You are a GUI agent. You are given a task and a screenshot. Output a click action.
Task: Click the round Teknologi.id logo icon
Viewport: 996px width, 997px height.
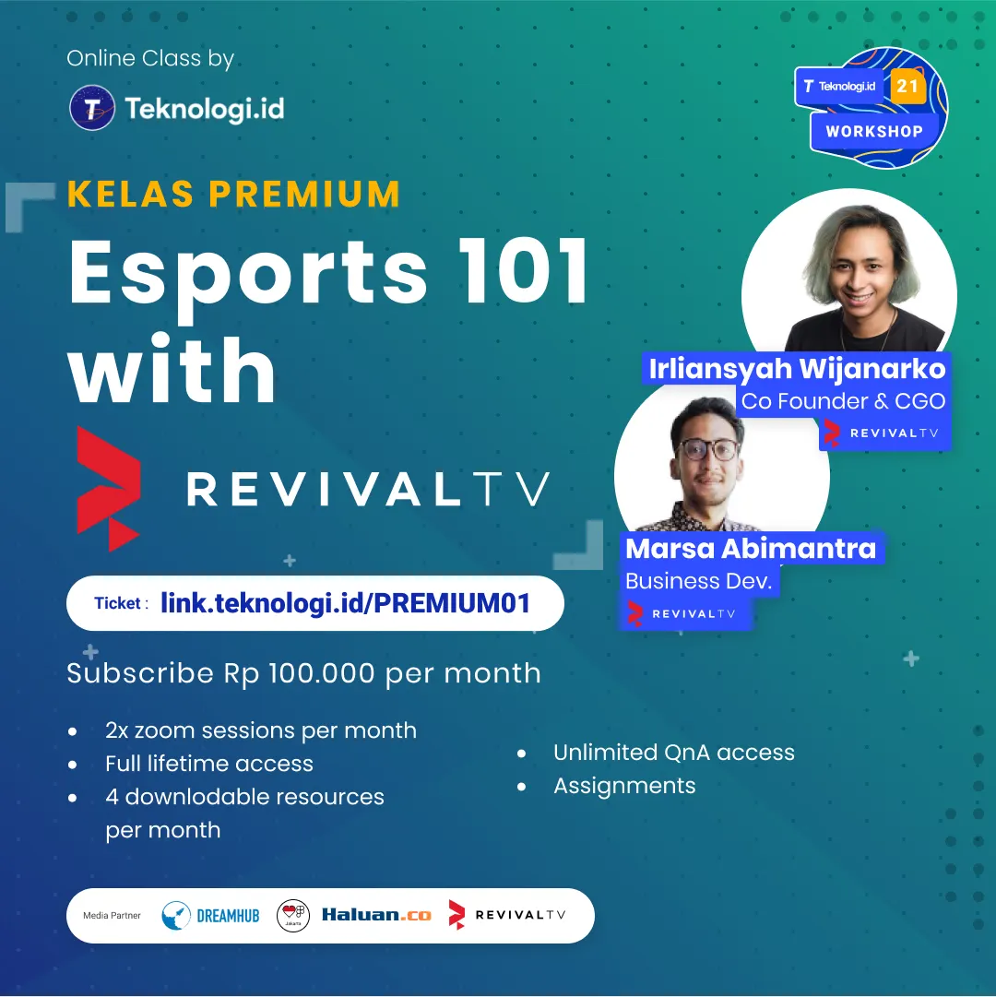point(92,108)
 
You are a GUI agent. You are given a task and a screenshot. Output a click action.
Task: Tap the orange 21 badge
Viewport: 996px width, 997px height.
point(907,86)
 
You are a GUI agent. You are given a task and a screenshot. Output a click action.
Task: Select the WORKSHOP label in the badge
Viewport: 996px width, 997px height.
point(874,132)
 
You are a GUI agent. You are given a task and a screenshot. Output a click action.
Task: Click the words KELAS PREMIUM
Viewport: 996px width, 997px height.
point(233,194)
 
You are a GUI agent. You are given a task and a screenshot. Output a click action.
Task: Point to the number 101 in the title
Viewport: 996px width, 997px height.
point(525,271)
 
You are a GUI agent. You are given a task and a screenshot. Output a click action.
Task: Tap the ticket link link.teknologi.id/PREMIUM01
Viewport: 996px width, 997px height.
point(345,603)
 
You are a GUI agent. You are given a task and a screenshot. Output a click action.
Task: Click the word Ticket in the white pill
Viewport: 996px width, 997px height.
point(118,603)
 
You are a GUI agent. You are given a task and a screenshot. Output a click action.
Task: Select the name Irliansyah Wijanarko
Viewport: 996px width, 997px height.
point(797,369)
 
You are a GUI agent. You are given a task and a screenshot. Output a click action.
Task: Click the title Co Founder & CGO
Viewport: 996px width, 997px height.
point(844,401)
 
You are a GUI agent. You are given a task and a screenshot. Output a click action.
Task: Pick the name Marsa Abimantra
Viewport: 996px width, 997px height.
point(751,548)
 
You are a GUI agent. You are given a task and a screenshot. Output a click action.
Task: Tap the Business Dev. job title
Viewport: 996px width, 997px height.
point(698,581)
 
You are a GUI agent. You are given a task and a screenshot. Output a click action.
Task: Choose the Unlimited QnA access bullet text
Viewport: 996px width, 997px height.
point(674,753)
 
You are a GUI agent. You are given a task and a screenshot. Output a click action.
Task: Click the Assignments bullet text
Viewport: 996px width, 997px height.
point(624,786)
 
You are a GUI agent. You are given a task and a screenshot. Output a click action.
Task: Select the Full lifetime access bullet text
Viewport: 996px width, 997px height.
point(209,763)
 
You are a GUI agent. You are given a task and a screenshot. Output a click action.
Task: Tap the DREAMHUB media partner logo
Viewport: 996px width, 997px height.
point(210,916)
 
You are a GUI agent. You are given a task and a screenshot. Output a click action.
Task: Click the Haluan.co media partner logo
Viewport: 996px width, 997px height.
point(376,915)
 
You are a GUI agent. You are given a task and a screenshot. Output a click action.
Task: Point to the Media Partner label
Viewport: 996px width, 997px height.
point(112,916)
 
